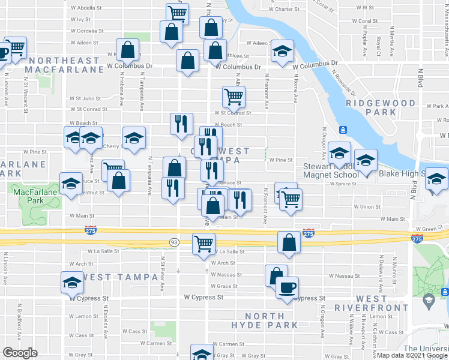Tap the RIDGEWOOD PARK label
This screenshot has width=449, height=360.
coord(381,107)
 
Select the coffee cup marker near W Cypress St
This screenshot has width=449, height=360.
coord(287,287)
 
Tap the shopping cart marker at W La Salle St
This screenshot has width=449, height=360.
coord(203,243)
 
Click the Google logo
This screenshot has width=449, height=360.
coord(20,353)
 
